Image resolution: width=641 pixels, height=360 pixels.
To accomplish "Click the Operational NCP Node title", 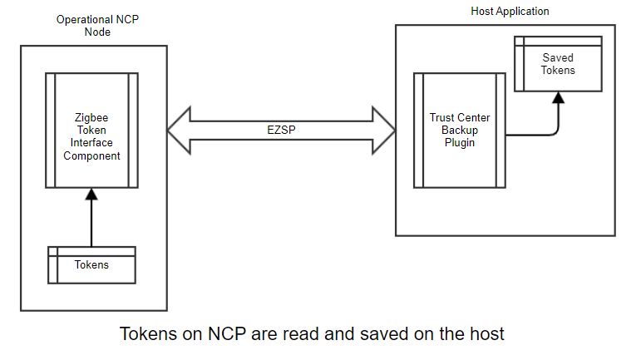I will pyautogui.click(x=96, y=25).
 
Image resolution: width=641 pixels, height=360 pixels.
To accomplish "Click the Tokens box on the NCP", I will pyautogui.click(x=91, y=265).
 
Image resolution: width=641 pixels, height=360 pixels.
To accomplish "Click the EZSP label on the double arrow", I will pyautogui.click(x=281, y=131).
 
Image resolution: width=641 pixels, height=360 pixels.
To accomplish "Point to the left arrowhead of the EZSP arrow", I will pyautogui.click(x=177, y=131).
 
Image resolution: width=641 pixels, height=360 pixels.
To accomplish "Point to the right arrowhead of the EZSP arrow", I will pyautogui.click(x=387, y=131).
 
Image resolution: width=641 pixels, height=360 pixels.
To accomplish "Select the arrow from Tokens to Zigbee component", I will pyautogui.click(x=91, y=220).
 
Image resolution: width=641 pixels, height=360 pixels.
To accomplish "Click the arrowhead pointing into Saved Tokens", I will pyautogui.click(x=559, y=97).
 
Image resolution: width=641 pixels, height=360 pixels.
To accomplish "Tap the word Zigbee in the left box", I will pyautogui.click(x=91, y=118).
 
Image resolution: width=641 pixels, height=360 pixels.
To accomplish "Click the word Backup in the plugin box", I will pyautogui.click(x=460, y=131).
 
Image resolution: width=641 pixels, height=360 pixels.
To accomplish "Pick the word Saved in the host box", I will pyautogui.click(x=558, y=58).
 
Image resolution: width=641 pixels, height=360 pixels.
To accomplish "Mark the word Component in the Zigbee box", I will pyautogui.click(x=91, y=155).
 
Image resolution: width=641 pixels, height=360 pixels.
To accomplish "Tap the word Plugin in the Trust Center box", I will pyautogui.click(x=460, y=143).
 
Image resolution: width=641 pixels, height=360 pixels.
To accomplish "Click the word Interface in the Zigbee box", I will pyautogui.click(x=91, y=143).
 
